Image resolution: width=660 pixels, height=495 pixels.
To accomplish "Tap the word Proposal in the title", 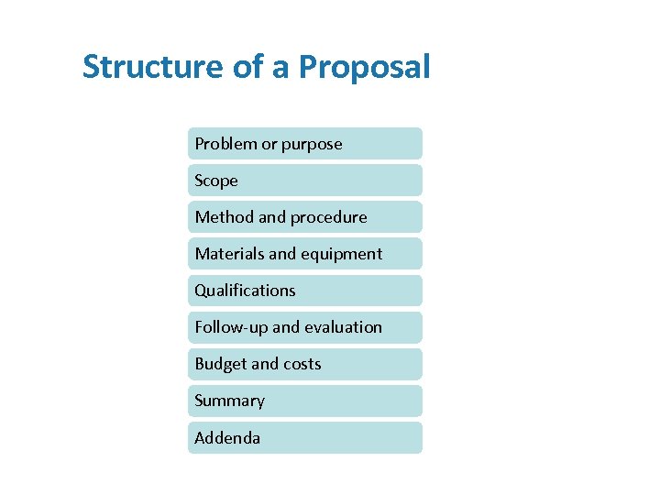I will coord(364,67).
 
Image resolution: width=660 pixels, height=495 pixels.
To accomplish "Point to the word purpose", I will coord(312,144).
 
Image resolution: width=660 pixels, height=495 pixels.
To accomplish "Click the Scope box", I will coord(305,181).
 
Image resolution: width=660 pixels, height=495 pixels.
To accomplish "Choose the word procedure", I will coord(329,217).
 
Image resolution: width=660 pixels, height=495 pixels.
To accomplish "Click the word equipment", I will coord(341,254).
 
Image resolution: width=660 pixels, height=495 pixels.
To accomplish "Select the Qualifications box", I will coord(305,291).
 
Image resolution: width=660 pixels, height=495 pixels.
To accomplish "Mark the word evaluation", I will coord(343,327).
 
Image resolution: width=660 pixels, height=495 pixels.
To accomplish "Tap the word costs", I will coord(302,364).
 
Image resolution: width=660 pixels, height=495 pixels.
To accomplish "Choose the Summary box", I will coord(305,401).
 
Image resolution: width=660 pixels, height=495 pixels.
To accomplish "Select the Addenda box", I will coord(305,437).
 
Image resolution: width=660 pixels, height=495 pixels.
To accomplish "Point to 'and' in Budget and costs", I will coord(264,364).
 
